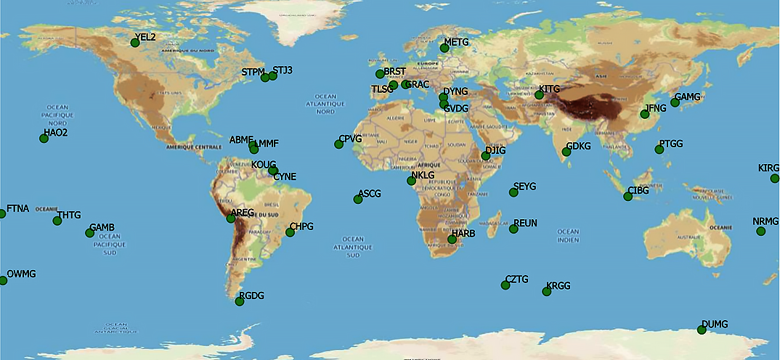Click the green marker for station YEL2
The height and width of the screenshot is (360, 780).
pyautogui.click(x=135, y=43)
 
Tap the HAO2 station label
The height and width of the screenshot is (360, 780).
pyautogui.click(x=55, y=133)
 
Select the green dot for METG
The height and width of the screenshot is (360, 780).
pyautogui.click(x=444, y=48)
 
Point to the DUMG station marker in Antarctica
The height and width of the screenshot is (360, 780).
pyautogui.click(x=702, y=330)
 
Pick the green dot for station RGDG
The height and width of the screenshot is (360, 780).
pyautogui.click(x=240, y=301)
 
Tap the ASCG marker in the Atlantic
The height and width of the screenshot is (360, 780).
pyautogui.click(x=358, y=200)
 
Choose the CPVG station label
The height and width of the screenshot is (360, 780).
pyautogui.click(x=350, y=139)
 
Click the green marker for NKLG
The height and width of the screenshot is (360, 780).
pyautogui.click(x=412, y=181)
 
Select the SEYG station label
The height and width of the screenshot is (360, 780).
pyautogui.click(x=524, y=187)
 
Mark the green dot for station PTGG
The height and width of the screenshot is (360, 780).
pyautogui.click(x=659, y=150)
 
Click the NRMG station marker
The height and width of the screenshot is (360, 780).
pyautogui.click(x=760, y=232)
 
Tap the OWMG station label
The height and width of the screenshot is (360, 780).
pyautogui.click(x=21, y=274)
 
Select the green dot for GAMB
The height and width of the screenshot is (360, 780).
pyautogui.click(x=89, y=233)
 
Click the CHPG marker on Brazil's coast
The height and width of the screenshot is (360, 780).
pyautogui.click(x=290, y=232)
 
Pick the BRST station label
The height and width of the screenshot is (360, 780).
pyautogui.click(x=394, y=70)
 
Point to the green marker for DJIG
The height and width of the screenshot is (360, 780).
pyautogui.click(x=486, y=156)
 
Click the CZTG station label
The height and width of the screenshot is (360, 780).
pyautogui.click(x=516, y=279)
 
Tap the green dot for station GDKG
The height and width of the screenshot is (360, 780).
pyautogui.click(x=566, y=152)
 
